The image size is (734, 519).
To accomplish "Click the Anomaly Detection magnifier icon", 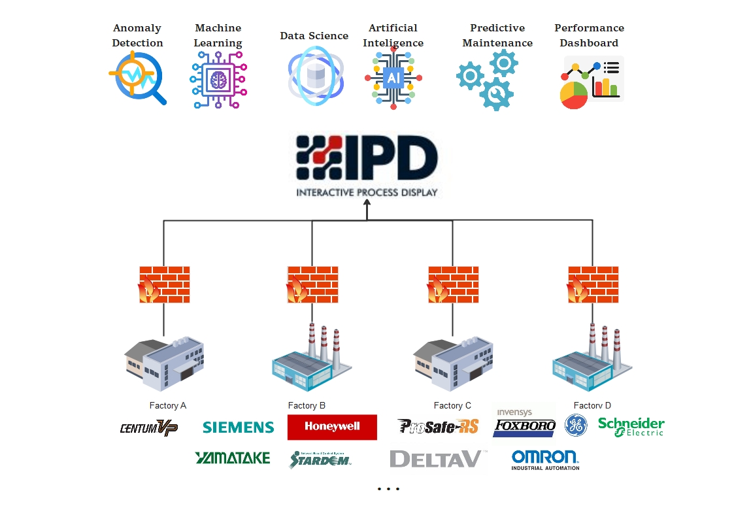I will pyautogui.click(x=137, y=78).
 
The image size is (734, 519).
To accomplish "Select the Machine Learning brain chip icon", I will pyautogui.click(x=218, y=80).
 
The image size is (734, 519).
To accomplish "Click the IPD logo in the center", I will pyautogui.click(x=367, y=158).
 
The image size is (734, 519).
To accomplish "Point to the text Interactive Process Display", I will pyautogui.click(x=367, y=193).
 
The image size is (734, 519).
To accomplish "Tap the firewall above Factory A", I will pyautogui.click(x=164, y=284).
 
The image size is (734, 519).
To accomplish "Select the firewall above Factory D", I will pyautogui.click(x=593, y=284).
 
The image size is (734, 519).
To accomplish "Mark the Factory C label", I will pyautogui.click(x=452, y=406).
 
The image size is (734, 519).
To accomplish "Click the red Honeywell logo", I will pyautogui.click(x=332, y=427).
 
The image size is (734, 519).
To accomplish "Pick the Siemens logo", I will pyautogui.click(x=238, y=427).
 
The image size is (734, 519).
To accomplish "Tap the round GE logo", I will pyautogui.click(x=576, y=425).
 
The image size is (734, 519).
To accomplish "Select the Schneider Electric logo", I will pyautogui.click(x=631, y=427).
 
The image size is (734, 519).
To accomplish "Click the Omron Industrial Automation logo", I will pyautogui.click(x=545, y=460).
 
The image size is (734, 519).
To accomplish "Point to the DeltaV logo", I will pyautogui.click(x=436, y=459).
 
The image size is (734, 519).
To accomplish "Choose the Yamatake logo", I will pyautogui.click(x=232, y=458).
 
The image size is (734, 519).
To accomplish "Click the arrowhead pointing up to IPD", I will pyautogui.click(x=367, y=203).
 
